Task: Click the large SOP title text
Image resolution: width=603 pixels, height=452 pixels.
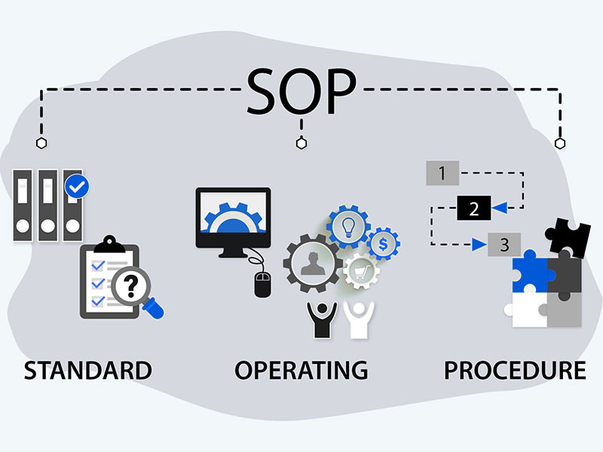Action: point(301,91)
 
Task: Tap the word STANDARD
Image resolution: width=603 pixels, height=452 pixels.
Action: point(88,370)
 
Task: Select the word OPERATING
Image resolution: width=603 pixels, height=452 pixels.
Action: point(301,370)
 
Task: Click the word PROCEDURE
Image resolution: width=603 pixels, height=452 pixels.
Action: point(515,370)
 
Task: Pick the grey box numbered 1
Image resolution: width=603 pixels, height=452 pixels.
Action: point(442,173)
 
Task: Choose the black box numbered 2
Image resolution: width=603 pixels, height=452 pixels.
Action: point(474,208)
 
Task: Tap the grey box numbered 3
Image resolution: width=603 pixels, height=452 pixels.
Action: point(504,244)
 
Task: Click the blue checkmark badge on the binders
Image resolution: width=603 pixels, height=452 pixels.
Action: point(77,186)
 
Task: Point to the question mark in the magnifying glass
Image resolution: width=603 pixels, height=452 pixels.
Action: point(130,286)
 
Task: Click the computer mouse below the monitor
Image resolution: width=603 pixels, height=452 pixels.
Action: point(262,285)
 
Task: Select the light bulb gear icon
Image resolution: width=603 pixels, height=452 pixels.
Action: point(348,227)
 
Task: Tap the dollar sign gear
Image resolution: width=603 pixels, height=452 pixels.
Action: point(383,243)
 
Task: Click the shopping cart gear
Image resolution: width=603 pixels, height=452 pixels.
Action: point(361,271)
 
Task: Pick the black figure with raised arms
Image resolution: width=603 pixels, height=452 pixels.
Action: point(323,319)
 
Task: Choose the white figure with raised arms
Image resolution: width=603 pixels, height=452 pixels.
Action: point(359,319)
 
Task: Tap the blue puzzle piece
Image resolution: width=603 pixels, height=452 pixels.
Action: point(531,271)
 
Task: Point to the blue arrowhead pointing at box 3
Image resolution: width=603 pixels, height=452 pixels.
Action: point(479,244)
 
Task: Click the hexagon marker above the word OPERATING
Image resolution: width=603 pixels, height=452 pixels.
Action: point(301,143)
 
